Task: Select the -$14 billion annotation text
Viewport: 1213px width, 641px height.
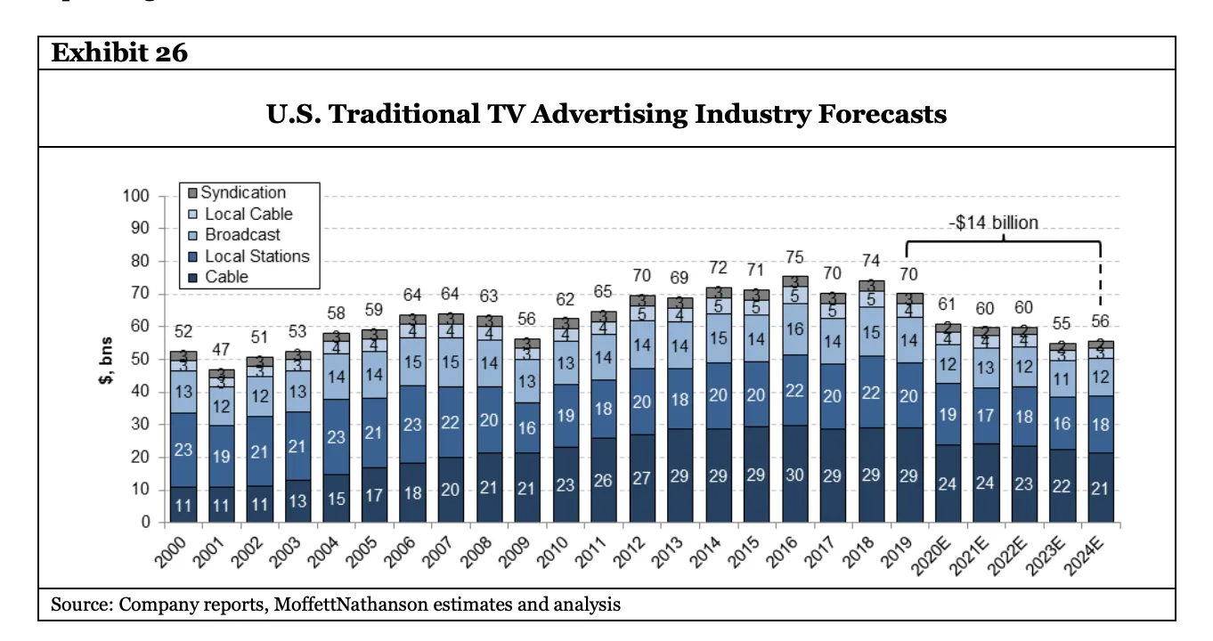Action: (996, 223)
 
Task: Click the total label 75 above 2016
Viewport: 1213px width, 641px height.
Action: (794, 257)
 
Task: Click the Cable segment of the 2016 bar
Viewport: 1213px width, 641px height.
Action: (794, 475)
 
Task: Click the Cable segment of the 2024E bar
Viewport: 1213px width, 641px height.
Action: (1101, 488)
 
